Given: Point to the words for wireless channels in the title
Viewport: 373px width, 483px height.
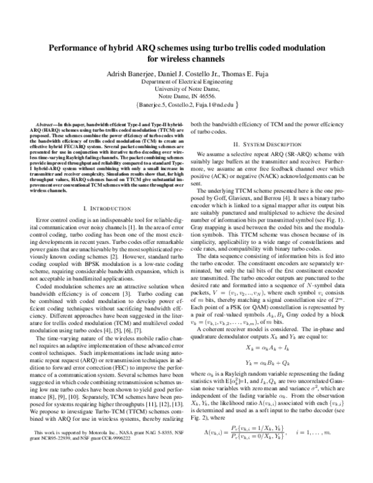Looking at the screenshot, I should [186, 60].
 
